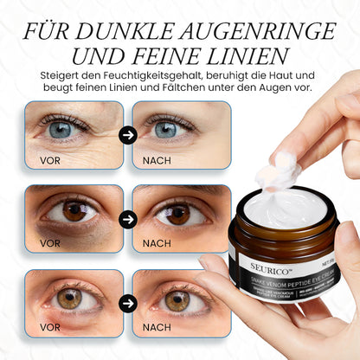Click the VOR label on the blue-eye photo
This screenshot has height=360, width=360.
coord(50,160)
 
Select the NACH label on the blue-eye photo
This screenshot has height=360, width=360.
coord(156,160)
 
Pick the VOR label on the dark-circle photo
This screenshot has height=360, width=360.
coord(50,243)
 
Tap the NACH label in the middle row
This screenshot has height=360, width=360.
coord(156,243)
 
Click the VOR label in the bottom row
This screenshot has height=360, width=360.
coord(50,328)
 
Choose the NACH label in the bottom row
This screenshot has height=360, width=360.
coord(156,328)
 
